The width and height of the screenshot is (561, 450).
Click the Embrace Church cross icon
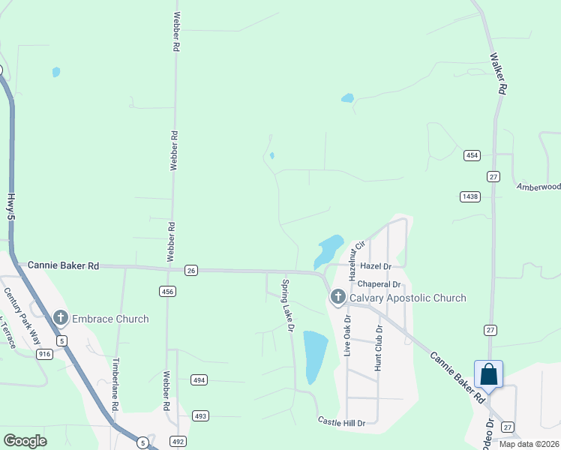click(59, 319)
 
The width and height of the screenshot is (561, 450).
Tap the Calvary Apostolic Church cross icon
click(337, 298)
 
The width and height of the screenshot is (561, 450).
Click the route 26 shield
click(191, 271)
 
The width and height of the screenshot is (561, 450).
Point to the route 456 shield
click(167, 291)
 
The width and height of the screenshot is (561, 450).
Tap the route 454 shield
click(471, 155)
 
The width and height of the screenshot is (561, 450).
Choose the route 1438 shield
click(470, 196)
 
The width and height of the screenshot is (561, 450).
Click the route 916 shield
click(44, 353)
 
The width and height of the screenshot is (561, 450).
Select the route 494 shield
click(199, 379)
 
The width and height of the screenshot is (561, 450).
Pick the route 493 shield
click(200, 415)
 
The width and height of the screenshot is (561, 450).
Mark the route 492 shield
click(178, 441)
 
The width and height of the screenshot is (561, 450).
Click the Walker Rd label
click(498, 73)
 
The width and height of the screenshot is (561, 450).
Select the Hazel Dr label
click(376, 266)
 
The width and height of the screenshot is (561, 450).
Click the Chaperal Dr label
click(379, 285)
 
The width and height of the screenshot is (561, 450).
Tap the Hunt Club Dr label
click(379, 348)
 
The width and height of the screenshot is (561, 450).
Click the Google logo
click(25, 441)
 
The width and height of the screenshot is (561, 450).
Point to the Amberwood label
click(538, 186)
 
